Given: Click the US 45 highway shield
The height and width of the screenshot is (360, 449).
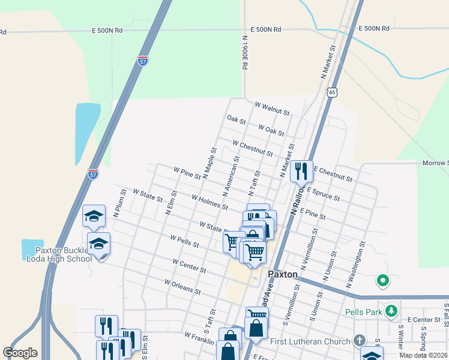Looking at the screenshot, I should tap(332, 92).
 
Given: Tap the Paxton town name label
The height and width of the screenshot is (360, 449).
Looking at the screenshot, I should tap(283, 274).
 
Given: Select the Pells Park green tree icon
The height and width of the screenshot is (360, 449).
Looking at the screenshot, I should tap(391, 311).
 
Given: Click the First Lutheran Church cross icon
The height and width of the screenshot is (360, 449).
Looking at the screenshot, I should tap(360, 341).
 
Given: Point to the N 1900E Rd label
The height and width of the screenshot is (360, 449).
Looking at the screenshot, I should tap(245, 53).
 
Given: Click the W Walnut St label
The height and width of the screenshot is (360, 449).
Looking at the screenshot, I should tap(272, 108).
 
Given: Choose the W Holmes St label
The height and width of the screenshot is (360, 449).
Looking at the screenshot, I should tap(209, 202).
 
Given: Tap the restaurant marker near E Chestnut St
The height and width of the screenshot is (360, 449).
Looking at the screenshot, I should tap(301, 172).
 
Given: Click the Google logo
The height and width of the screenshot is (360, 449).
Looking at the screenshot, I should tap(20, 353).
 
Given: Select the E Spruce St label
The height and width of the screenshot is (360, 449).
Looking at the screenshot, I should tap(323, 193).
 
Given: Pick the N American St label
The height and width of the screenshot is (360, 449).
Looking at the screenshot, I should tap(231, 177).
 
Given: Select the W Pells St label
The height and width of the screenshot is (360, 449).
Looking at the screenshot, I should tap(184, 241).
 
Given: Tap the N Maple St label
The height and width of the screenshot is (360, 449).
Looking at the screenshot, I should tap(209, 163).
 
